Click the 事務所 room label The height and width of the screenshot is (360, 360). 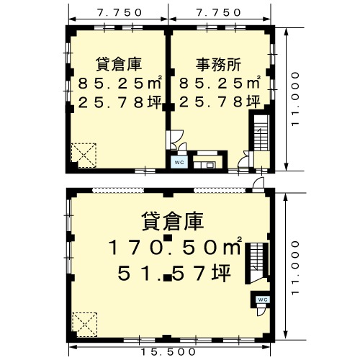218,65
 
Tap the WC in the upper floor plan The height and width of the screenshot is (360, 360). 179,162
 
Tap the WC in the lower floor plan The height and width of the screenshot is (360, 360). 263,300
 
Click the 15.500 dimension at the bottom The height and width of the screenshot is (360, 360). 168,352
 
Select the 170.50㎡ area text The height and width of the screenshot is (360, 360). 175,247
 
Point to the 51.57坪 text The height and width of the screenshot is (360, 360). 174,274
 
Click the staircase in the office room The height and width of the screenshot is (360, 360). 261,132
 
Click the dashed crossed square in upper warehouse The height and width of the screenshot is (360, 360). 84,156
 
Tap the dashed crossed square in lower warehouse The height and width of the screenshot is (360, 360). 84,325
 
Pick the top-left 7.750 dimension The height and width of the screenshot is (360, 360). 120,12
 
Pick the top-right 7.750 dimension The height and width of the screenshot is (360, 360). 218,12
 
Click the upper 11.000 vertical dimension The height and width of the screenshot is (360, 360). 296,99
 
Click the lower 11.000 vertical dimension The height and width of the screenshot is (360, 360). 296,268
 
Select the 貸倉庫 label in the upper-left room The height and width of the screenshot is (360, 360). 119,64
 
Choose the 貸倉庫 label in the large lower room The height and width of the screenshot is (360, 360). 173,221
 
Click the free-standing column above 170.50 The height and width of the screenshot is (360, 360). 168,238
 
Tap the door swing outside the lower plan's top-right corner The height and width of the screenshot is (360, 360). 258,184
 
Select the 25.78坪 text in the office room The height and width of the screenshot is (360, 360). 220,102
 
